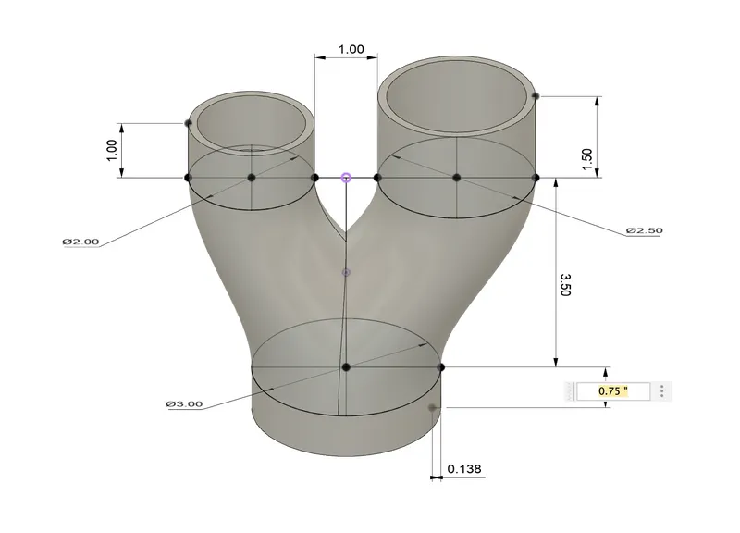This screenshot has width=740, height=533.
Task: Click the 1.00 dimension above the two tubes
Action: point(351,49)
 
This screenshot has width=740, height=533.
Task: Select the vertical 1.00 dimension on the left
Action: point(112,150)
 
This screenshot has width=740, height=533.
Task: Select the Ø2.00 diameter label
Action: point(80,241)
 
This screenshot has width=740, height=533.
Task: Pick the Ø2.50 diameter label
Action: point(644,229)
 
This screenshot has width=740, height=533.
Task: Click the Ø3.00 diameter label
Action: point(184,403)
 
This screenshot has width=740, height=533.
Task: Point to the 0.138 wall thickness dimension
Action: point(464,470)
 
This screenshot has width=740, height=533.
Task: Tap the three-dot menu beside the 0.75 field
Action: point(663,391)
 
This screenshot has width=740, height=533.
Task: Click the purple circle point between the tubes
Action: point(346,177)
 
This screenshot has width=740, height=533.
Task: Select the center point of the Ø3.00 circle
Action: point(346,367)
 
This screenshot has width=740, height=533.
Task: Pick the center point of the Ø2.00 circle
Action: point(251,177)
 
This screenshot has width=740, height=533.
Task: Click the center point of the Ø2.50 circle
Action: point(456,177)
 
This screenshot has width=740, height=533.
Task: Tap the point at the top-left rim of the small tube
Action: point(188,122)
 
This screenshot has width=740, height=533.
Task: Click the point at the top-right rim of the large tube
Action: point(536,95)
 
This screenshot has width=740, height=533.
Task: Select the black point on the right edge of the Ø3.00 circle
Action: point(441,367)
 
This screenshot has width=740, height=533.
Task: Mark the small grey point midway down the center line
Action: point(346,272)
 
